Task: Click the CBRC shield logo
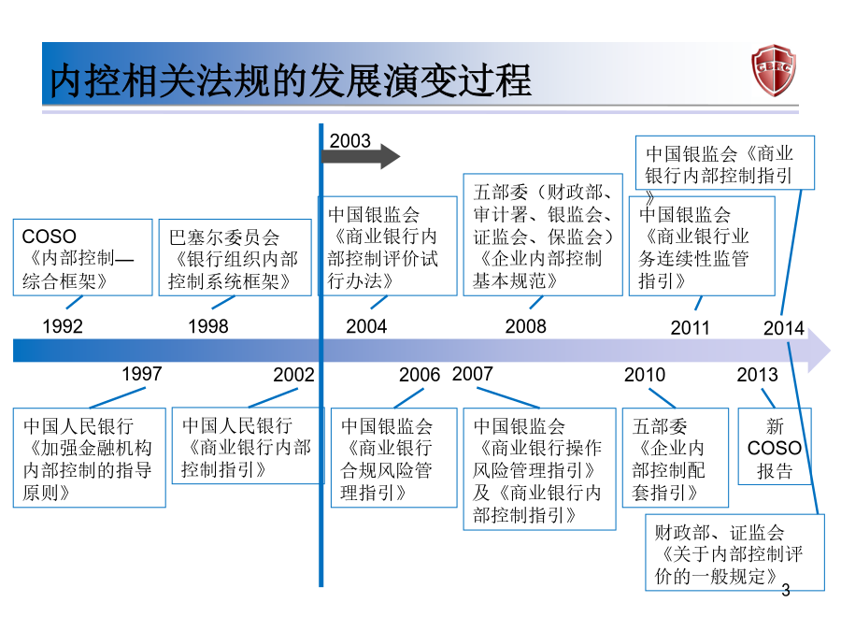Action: pos(774,70)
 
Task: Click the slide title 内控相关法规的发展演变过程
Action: pos(291,80)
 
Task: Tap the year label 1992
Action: pos(63,326)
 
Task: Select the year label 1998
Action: pos(208,326)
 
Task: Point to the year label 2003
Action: pos(350,141)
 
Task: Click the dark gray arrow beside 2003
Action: pos(361,157)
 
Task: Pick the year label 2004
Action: pos(366,326)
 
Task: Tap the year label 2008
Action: pos(525,326)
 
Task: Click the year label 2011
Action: pos(691,328)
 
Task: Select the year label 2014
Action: pos(784,328)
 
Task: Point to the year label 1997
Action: pos(142,374)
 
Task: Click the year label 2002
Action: pos(294,375)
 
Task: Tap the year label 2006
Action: pos(420,375)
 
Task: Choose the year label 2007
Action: pos(473,374)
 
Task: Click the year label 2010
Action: pos(645,375)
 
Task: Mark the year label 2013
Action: pos(757,375)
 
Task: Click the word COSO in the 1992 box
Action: pos(50,237)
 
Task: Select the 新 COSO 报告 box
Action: pos(775,447)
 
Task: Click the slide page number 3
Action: pos(786,590)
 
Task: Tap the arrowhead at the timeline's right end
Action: pos(819,351)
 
